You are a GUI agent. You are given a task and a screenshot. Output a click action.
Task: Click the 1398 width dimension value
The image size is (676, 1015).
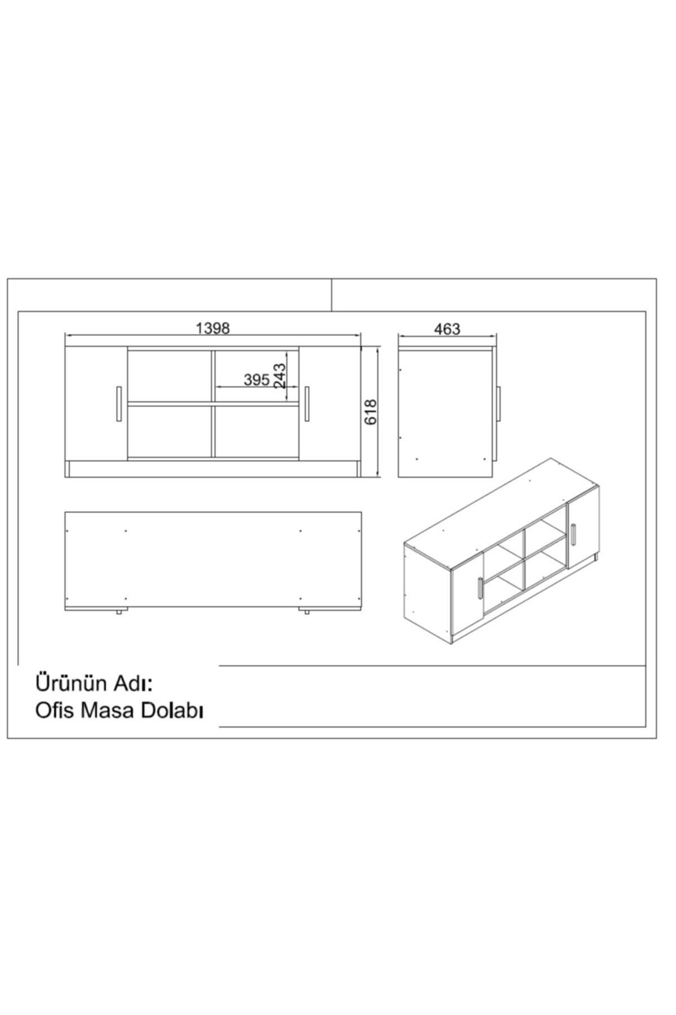[x=213, y=328]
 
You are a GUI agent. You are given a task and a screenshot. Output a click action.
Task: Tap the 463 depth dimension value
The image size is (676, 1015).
[x=448, y=329]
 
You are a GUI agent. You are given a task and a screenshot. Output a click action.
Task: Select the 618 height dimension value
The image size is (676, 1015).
[x=370, y=412]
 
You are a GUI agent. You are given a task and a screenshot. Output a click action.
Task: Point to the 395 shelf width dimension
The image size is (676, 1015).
[x=256, y=379]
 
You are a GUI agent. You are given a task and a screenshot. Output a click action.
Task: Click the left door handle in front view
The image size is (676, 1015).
[x=118, y=403]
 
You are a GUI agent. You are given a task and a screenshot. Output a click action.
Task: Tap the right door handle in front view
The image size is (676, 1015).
[x=306, y=403]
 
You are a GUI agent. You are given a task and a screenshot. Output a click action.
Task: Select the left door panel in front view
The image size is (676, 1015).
[x=97, y=403]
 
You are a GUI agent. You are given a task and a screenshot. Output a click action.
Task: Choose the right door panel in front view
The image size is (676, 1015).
[x=330, y=403]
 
